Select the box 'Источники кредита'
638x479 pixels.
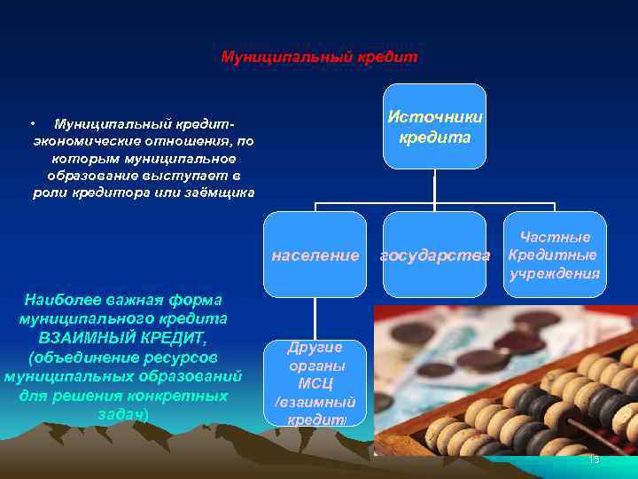click(434, 126)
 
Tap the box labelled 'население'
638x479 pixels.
click(315, 255)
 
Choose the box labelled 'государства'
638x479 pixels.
click(434, 255)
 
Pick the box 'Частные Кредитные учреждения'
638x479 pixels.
click(555, 255)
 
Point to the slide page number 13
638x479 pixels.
click(594, 459)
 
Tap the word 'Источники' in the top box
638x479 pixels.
click(435, 117)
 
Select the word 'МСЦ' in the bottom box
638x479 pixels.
click(315, 383)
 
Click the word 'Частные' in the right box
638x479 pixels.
click(556, 237)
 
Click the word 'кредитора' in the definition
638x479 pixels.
click(142, 192)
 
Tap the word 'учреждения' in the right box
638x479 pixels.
click(555, 272)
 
